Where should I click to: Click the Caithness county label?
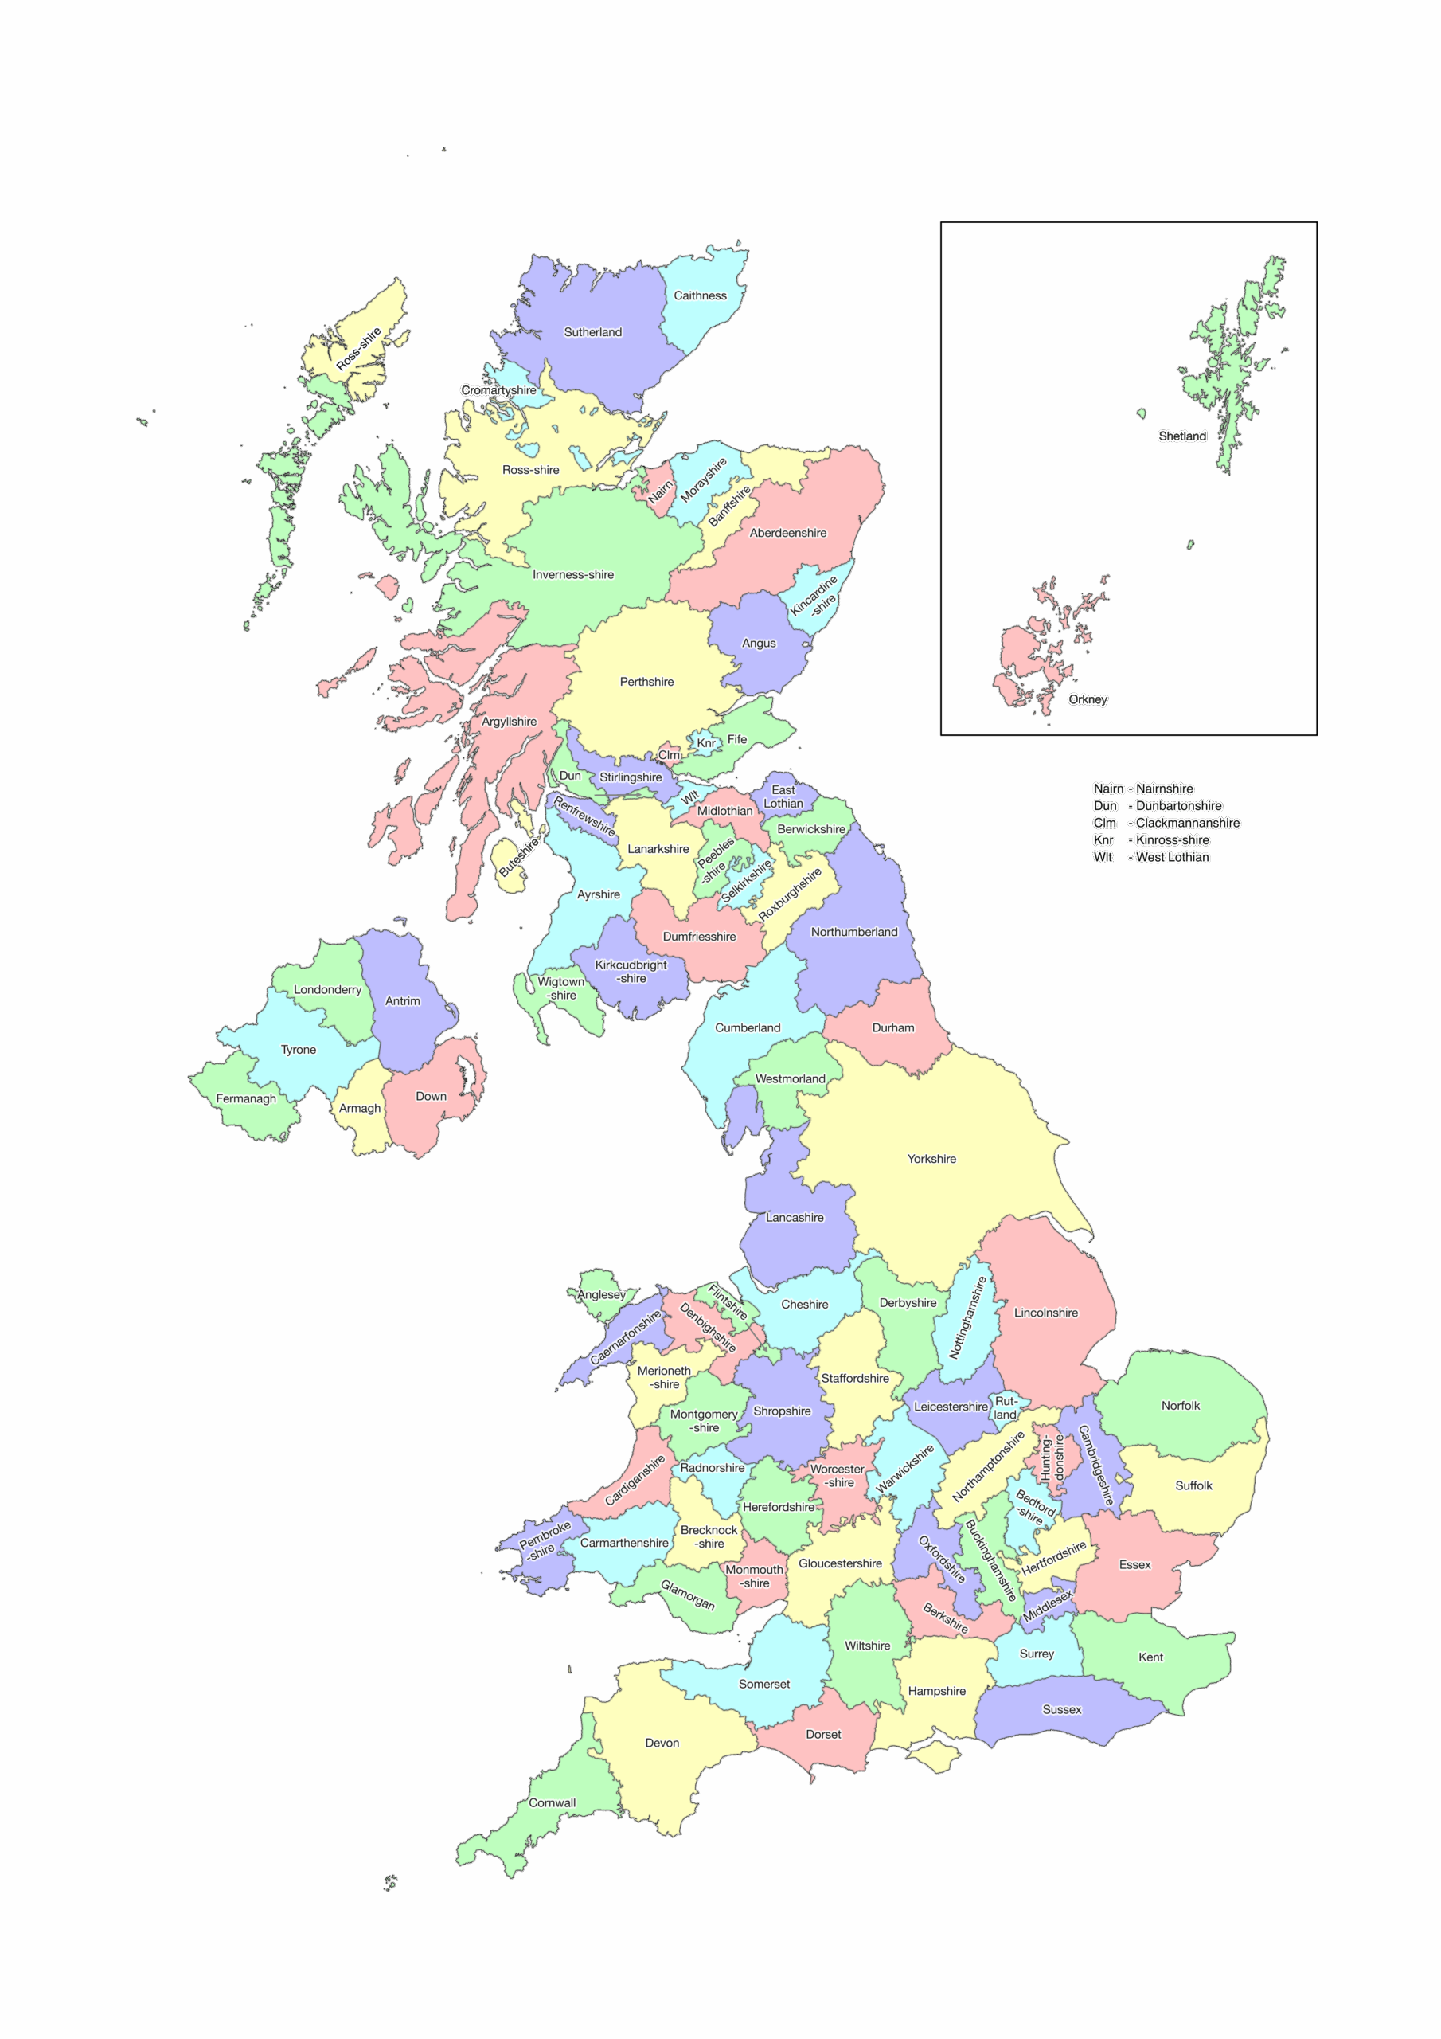(700, 295)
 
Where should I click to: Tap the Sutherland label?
(593, 332)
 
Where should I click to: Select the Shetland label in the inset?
(1181, 436)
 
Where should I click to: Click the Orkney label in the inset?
(1088, 700)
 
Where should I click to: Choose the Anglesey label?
(601, 1295)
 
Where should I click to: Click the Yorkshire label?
(931, 1159)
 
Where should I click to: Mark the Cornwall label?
(553, 1802)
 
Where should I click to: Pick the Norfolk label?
(1180, 1406)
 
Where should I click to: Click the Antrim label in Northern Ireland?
(402, 1001)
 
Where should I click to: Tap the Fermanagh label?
(246, 1098)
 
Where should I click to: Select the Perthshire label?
(646, 682)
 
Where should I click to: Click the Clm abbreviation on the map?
(669, 755)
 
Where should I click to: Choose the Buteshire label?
(518, 858)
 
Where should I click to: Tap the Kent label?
(1150, 1657)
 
